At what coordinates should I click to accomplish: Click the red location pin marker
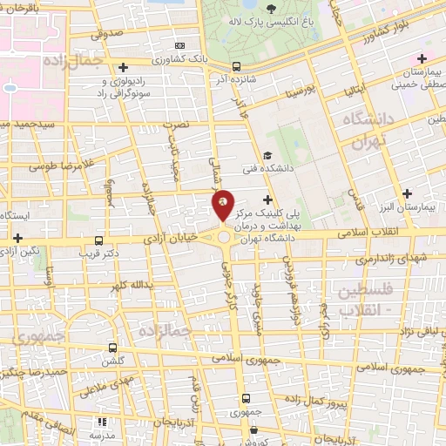(x=223, y=206)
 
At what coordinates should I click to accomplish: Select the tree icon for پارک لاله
(x=272, y=9)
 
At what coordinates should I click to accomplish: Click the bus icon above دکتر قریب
(x=98, y=240)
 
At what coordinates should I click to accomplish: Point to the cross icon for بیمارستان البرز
(x=408, y=193)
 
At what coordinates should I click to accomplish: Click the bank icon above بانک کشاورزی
(x=180, y=45)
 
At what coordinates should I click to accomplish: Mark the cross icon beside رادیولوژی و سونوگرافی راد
(x=124, y=66)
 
